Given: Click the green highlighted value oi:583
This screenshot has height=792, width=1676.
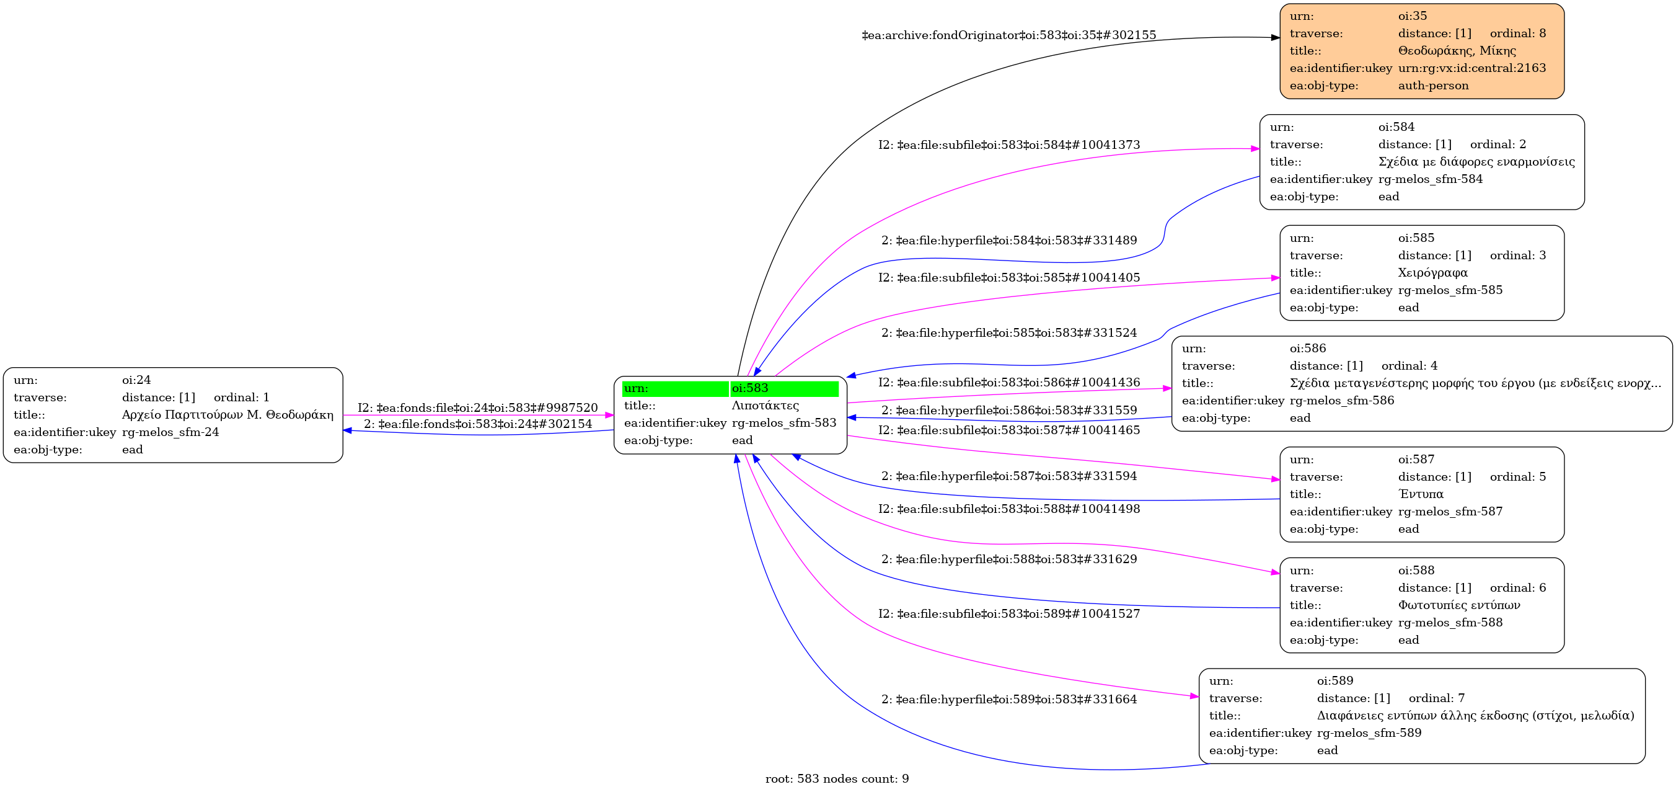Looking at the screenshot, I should coord(750,388).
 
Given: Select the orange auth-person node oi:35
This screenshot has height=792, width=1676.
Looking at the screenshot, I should coord(1422,51).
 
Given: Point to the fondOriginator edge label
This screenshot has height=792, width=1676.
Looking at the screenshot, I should coord(1008,35).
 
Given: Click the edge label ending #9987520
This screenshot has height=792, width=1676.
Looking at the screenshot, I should coord(477,408).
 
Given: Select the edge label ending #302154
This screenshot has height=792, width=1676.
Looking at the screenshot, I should coord(477,424).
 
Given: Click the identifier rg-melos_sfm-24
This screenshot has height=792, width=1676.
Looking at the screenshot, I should coord(170,432).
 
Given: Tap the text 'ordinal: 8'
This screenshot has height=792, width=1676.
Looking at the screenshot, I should coord(1518,33).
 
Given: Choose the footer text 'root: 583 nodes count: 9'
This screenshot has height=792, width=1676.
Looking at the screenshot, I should coord(837,779).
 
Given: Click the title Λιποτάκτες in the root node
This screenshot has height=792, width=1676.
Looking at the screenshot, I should coord(765,406).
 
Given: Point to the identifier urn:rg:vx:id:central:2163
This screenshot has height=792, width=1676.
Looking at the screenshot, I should coord(1471,68).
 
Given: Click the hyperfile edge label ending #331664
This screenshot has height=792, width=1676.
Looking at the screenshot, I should coord(1008,700).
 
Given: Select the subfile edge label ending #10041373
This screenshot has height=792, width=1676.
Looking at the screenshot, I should coord(1008,145).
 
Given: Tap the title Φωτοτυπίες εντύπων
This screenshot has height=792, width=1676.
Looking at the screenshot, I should coord(1459,605).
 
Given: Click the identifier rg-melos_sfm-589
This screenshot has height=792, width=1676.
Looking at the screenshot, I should coord(1369,734).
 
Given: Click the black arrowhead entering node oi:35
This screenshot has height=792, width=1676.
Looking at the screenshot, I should coord(1275,38).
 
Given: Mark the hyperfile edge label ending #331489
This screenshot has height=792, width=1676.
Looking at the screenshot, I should coord(1008,241).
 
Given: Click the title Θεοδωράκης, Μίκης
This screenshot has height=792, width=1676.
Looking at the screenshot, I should coord(1457,51).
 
